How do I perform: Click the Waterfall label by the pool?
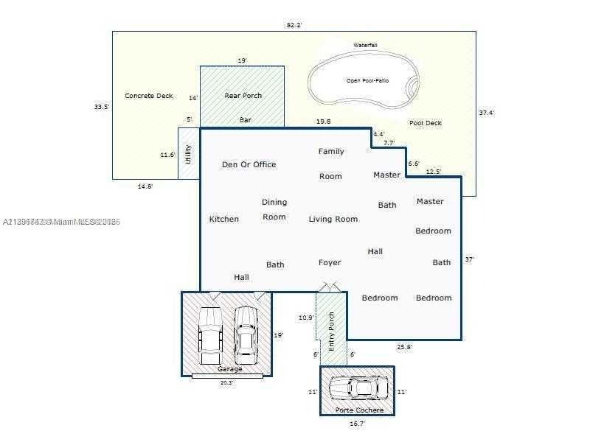pos(365,46)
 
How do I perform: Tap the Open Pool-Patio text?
pos(367,80)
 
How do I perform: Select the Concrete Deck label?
pos(149,96)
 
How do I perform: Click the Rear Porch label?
pos(243,96)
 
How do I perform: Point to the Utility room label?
pos(189,153)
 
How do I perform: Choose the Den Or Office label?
pos(249,164)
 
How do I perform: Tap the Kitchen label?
pos(223,219)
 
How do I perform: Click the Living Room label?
pos(333,219)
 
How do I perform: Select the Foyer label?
pos(330,262)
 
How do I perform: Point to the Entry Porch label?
pos(332,330)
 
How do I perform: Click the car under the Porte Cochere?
pos(358,387)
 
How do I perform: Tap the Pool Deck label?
pos(426,123)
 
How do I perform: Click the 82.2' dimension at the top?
pos(294,25)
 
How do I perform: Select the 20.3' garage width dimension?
pos(226,382)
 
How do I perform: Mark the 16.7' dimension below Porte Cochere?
pos(356,424)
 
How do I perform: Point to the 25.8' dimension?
pos(404,346)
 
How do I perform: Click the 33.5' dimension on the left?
pos(101,107)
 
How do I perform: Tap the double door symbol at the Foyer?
pos(330,287)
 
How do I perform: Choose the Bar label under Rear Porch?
pos(246,119)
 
